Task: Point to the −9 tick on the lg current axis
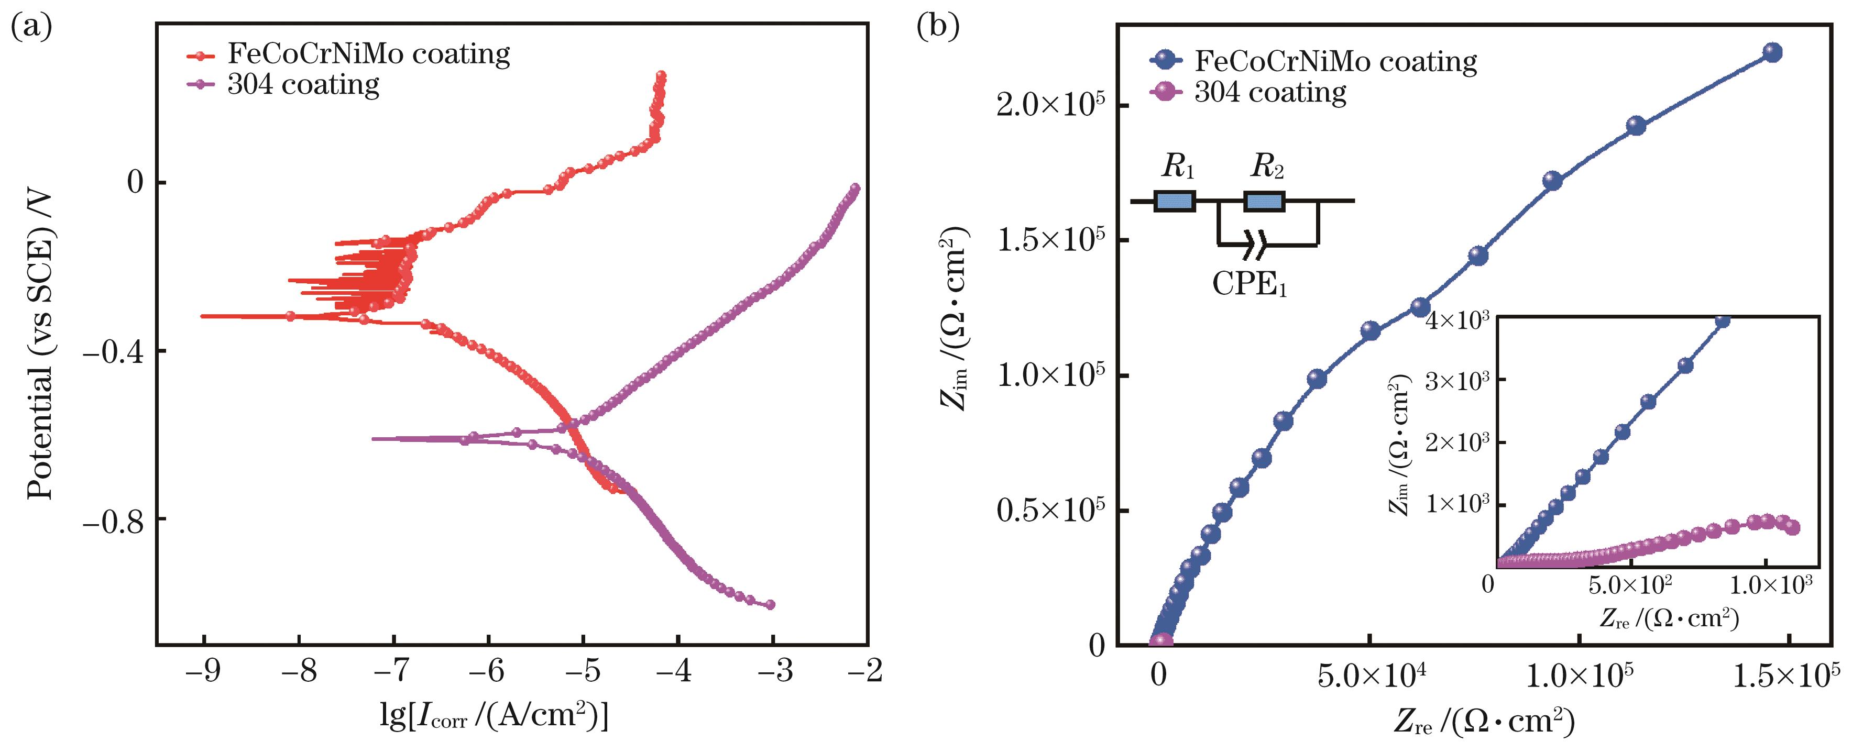[204, 672]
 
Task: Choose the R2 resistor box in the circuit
[1264, 201]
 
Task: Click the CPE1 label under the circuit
[1249, 284]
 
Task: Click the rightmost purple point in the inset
[1791, 528]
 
